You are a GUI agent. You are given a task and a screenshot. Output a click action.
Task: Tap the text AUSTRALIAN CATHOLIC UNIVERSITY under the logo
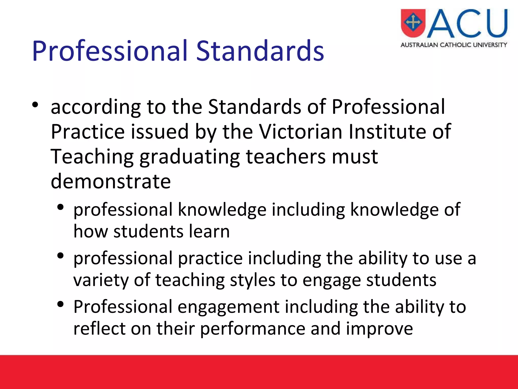[x=454, y=45]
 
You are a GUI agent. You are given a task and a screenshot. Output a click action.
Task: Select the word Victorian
[x=301, y=132]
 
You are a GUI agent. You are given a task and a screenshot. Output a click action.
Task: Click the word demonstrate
[x=111, y=181]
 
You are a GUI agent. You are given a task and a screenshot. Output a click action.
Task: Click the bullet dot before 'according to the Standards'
[x=35, y=105]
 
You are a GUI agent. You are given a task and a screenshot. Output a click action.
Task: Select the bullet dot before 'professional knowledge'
[x=60, y=207]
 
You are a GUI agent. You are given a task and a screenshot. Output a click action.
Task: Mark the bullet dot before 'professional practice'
[x=60, y=256]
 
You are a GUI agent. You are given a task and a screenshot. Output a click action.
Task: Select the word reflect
[x=99, y=329]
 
